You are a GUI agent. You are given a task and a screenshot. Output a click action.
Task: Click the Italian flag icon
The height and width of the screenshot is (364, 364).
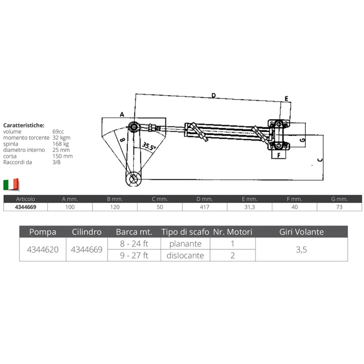(11, 184)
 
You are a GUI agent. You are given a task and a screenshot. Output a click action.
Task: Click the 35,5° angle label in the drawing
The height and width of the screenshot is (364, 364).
(148, 147)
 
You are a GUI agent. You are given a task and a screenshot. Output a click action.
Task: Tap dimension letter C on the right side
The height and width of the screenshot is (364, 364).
(320, 160)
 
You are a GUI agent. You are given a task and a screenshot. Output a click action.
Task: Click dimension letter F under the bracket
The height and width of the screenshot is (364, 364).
(274, 155)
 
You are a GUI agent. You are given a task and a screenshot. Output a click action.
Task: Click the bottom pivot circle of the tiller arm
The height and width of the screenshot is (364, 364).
(134, 178)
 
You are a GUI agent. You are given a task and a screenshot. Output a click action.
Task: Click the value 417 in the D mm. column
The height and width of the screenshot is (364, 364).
(204, 207)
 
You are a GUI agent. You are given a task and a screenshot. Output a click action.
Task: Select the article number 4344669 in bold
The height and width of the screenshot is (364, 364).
(26, 207)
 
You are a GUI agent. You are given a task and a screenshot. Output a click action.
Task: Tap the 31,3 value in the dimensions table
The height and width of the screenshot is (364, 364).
(249, 207)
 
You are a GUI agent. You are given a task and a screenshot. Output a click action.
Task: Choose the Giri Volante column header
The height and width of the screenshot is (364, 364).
(302, 232)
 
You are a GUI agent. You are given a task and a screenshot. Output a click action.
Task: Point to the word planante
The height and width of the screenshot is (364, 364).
(185, 244)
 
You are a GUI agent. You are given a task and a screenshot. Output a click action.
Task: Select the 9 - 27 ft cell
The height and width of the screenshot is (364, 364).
(134, 255)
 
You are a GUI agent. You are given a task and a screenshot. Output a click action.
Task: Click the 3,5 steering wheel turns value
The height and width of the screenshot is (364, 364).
(302, 250)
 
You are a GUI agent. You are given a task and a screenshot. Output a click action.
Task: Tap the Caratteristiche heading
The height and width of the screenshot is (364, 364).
(24, 124)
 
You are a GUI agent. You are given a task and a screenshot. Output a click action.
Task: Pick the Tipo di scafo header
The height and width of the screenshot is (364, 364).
(185, 232)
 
